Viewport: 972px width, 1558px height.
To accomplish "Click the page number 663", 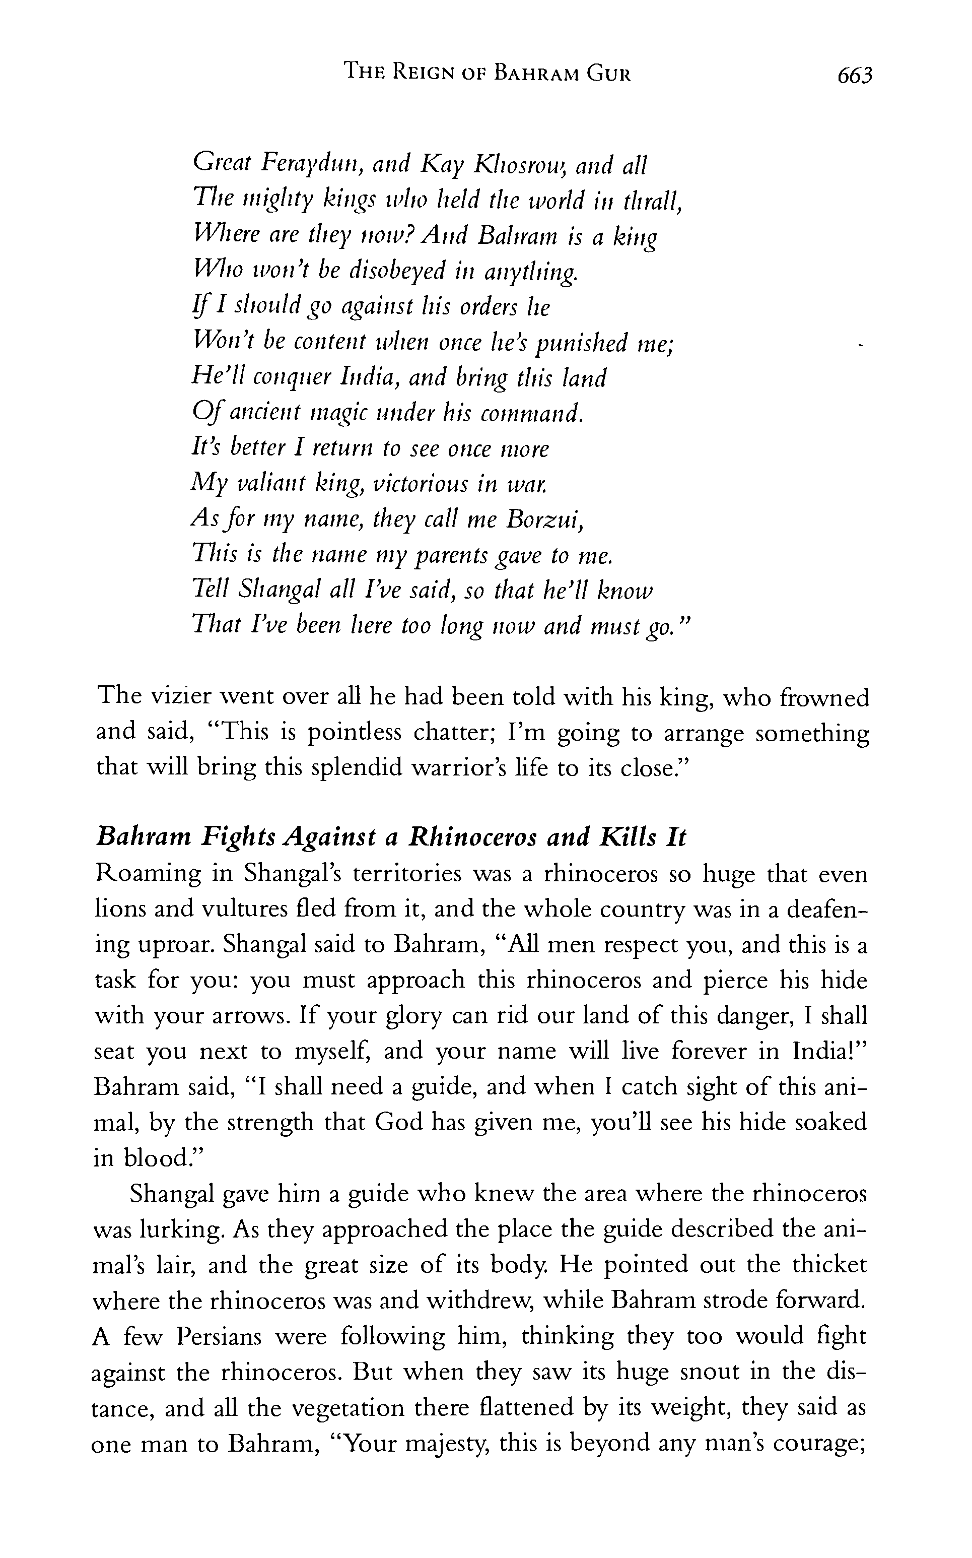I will [854, 76].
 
